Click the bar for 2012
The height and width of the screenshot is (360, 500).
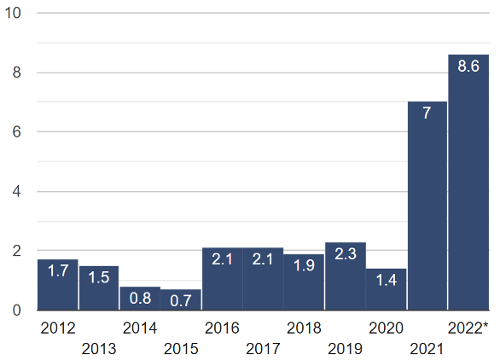pyautogui.click(x=58, y=285)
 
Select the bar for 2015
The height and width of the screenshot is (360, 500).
pyautogui.click(x=181, y=299)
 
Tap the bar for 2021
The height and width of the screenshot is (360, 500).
pyautogui.click(x=427, y=206)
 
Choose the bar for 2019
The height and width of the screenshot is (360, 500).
pyautogui.click(x=346, y=276)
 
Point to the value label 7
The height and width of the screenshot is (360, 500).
pyautogui.click(x=427, y=114)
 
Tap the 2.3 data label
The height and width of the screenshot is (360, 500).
pyautogui.click(x=346, y=254)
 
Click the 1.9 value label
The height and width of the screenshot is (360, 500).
pyautogui.click(x=305, y=265)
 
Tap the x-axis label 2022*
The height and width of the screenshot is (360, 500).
pyautogui.click(x=468, y=328)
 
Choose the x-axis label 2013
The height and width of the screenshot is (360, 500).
pyautogui.click(x=99, y=348)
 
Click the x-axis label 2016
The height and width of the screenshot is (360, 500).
pyautogui.click(x=222, y=328)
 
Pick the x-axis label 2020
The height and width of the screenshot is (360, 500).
pyautogui.click(x=387, y=328)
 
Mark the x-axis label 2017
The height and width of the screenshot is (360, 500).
pyautogui.click(x=263, y=348)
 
